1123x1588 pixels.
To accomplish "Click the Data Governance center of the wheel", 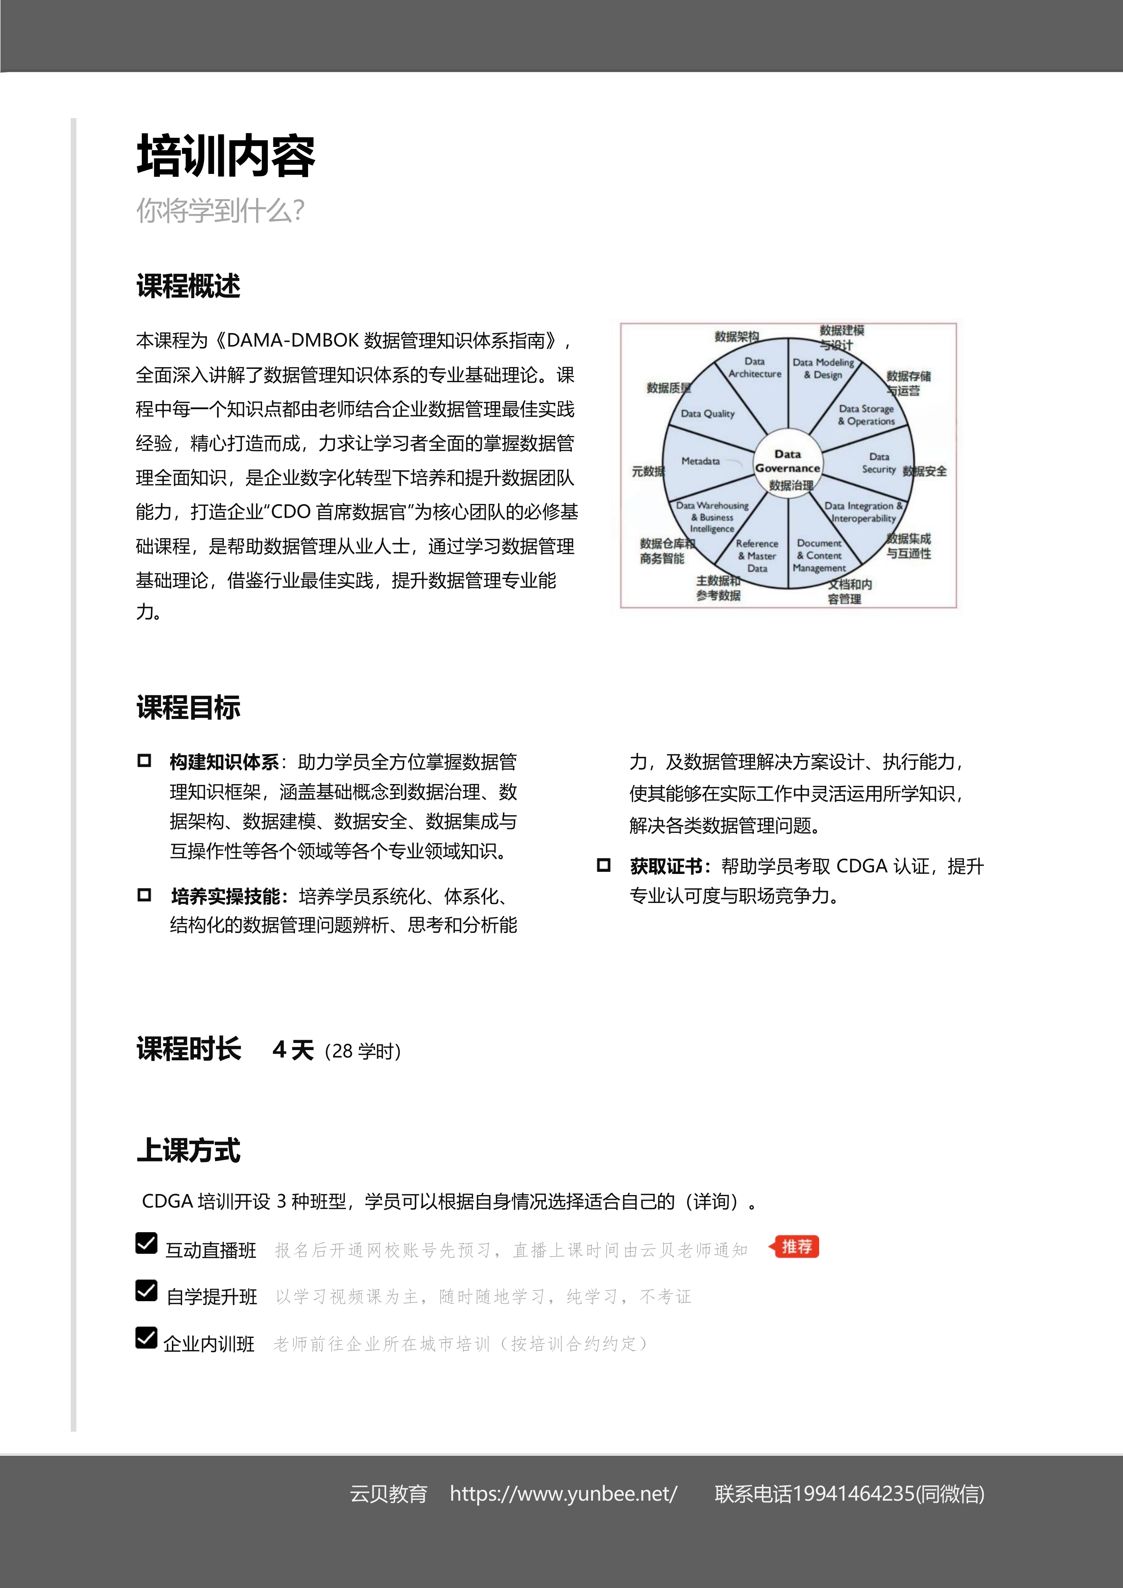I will tap(788, 461).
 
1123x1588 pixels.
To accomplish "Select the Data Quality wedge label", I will tap(707, 413).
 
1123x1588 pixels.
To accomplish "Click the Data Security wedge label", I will tap(879, 463).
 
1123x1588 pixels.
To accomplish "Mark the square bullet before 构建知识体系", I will tap(144, 761).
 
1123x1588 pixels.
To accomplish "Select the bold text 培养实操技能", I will tap(225, 896).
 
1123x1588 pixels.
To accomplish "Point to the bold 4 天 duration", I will tap(293, 1050).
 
